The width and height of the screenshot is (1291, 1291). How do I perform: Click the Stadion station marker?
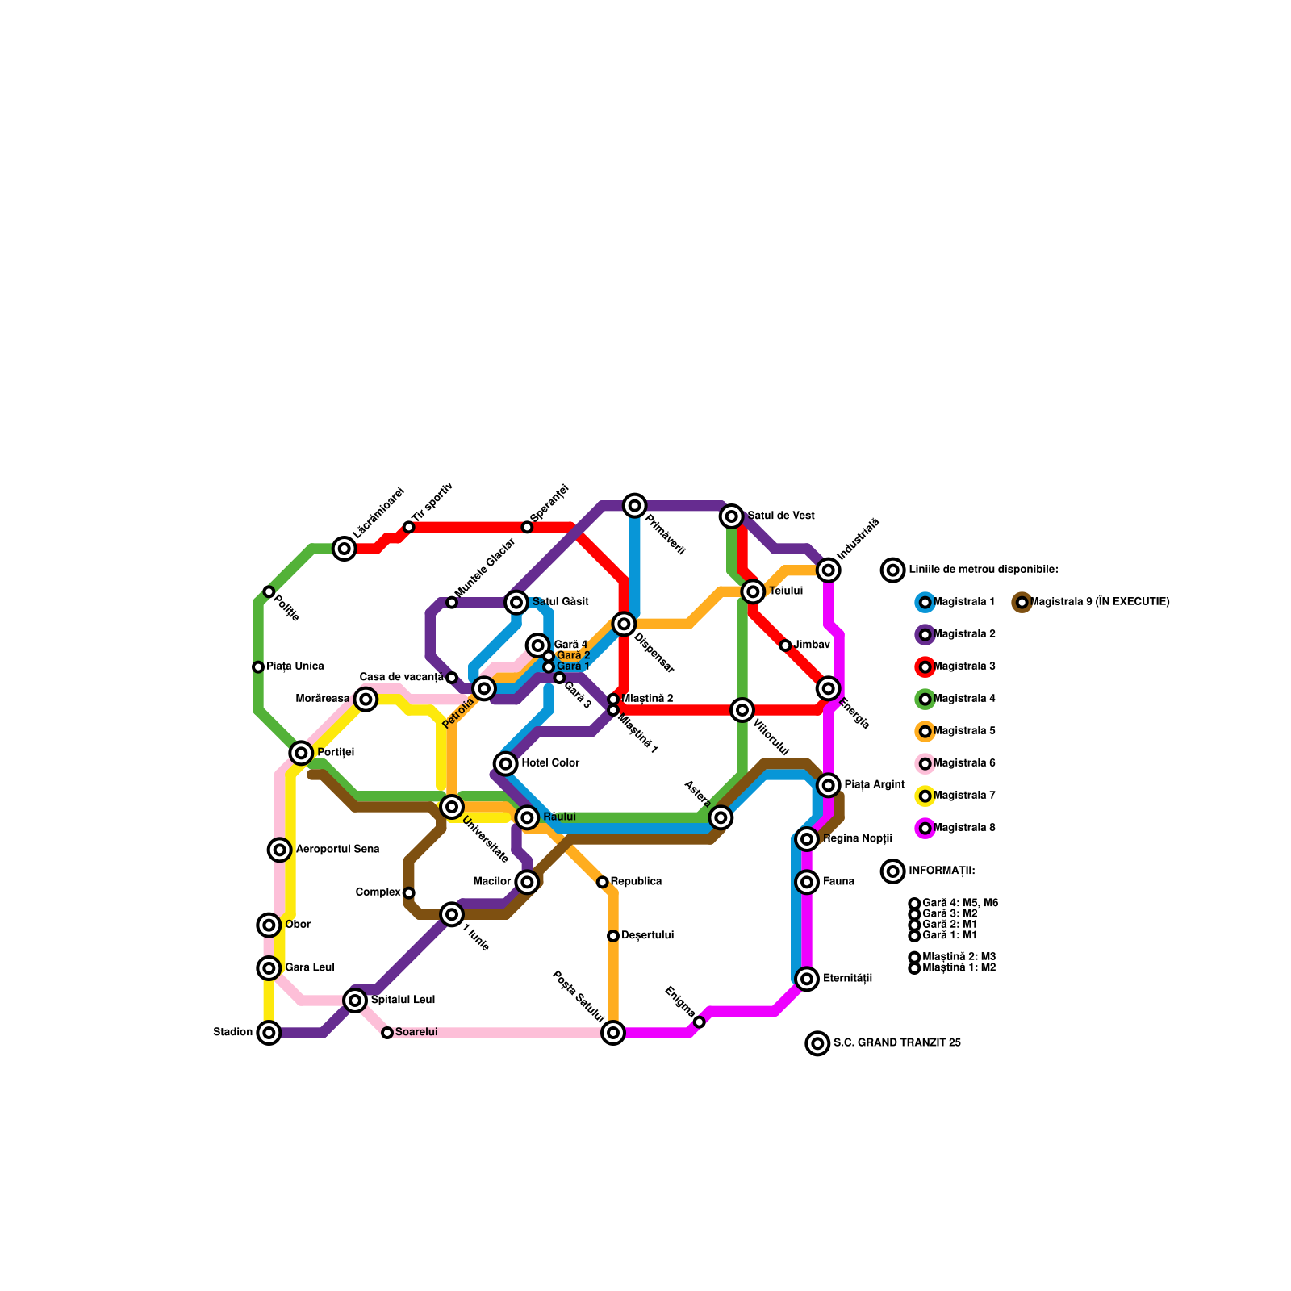tap(269, 1032)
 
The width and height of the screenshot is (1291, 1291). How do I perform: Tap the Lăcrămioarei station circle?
tap(345, 549)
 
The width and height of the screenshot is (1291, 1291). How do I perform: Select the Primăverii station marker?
tap(635, 505)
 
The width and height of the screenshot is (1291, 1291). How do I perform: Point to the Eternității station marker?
tap(807, 979)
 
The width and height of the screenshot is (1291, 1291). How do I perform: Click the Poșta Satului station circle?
tap(613, 1032)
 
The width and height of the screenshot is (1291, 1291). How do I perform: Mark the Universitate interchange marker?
tap(452, 806)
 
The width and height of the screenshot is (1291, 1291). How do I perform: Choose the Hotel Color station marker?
tap(506, 763)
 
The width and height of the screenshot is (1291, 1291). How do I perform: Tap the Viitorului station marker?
tap(742, 710)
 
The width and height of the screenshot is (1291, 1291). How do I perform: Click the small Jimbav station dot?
tap(785, 645)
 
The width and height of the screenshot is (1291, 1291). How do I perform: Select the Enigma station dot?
tap(700, 1022)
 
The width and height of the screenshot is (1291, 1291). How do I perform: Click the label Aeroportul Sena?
tap(337, 850)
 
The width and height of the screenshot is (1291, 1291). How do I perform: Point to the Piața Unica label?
tap(295, 666)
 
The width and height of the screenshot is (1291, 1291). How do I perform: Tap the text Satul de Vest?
tap(780, 516)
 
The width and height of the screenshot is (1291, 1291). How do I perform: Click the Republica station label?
tap(636, 881)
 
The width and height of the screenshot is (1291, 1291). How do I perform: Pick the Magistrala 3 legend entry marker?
tap(925, 666)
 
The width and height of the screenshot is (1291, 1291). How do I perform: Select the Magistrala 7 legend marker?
tap(925, 796)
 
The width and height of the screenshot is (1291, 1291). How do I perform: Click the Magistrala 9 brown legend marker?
tap(1022, 602)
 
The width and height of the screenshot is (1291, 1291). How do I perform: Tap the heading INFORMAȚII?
tap(942, 871)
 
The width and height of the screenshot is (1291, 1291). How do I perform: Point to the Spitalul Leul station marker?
tap(355, 1000)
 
